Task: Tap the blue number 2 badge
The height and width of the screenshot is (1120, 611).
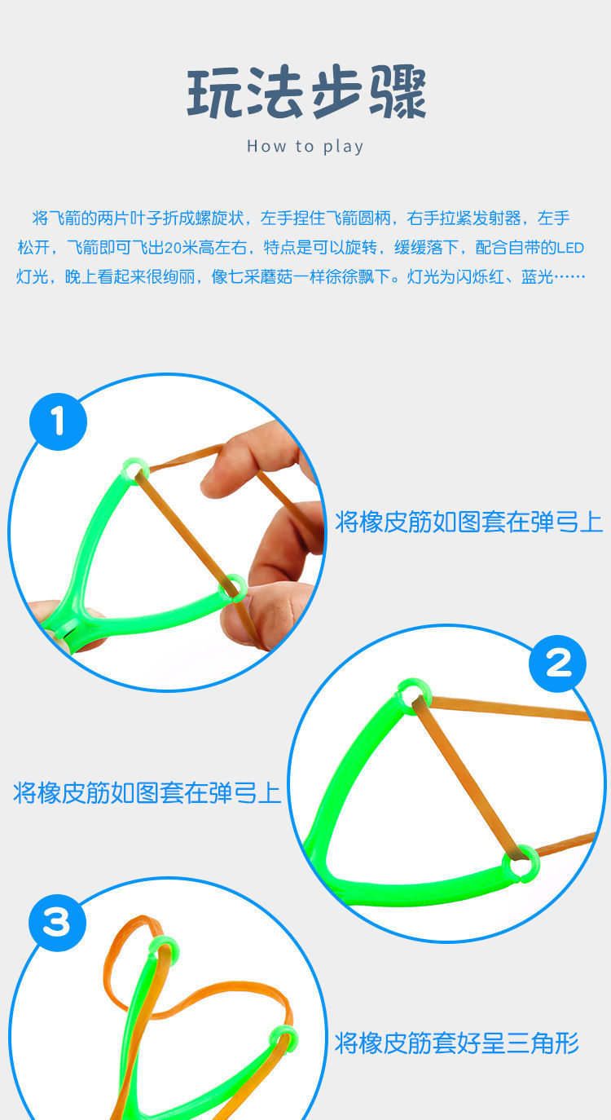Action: tap(557, 664)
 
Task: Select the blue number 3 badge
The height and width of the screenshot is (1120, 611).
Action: tap(57, 923)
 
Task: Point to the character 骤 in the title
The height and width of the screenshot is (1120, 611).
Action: tap(398, 94)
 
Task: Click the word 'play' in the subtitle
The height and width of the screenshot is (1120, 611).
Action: tap(343, 147)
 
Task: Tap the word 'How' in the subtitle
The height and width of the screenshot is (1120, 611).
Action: tap(266, 147)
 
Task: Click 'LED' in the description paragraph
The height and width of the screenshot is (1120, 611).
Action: tap(569, 247)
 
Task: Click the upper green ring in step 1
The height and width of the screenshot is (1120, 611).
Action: tap(134, 470)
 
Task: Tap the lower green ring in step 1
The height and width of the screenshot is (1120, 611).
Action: tap(233, 587)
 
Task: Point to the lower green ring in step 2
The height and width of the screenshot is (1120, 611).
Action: tap(521, 862)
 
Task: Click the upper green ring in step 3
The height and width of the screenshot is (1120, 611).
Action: tap(164, 950)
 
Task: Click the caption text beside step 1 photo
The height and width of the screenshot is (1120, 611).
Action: tap(468, 522)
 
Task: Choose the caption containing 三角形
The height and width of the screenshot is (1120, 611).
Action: tap(456, 1043)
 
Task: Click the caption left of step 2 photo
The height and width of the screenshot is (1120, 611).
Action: tap(147, 792)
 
